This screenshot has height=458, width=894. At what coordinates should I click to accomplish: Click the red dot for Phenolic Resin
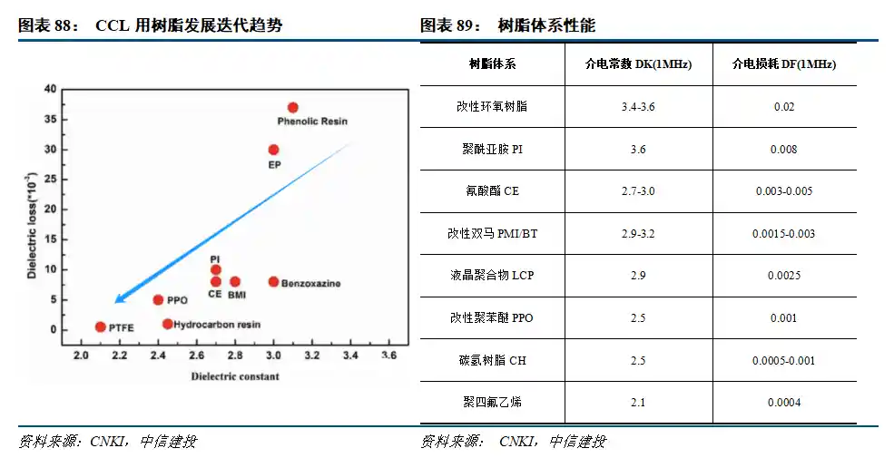tap(292, 107)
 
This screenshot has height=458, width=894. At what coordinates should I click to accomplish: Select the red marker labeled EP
tap(273, 150)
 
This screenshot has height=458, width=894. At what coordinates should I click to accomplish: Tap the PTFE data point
tap(100, 326)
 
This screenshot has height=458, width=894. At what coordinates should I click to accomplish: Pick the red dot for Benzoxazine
tap(273, 282)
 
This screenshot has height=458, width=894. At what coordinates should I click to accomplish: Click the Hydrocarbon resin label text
tap(217, 325)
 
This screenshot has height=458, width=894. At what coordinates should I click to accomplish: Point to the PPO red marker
tap(158, 300)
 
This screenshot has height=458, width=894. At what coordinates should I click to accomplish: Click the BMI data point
tap(235, 282)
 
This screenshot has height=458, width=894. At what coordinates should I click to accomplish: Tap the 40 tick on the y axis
tap(50, 89)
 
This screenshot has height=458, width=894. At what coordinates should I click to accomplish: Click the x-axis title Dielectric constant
tap(235, 375)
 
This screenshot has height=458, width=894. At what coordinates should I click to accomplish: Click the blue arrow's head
tap(118, 300)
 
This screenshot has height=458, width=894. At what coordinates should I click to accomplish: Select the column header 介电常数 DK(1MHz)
tap(638, 65)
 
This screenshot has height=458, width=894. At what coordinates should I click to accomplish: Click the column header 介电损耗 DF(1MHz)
tap(784, 65)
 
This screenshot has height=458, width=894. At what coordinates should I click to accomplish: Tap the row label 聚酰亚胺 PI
tap(492, 150)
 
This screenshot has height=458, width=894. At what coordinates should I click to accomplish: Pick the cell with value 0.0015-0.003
tap(784, 234)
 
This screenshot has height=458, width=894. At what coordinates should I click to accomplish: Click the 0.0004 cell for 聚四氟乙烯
tap(784, 403)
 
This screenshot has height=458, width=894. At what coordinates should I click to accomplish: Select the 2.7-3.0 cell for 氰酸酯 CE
tap(638, 191)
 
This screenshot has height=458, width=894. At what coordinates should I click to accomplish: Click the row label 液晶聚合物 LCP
tap(492, 276)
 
